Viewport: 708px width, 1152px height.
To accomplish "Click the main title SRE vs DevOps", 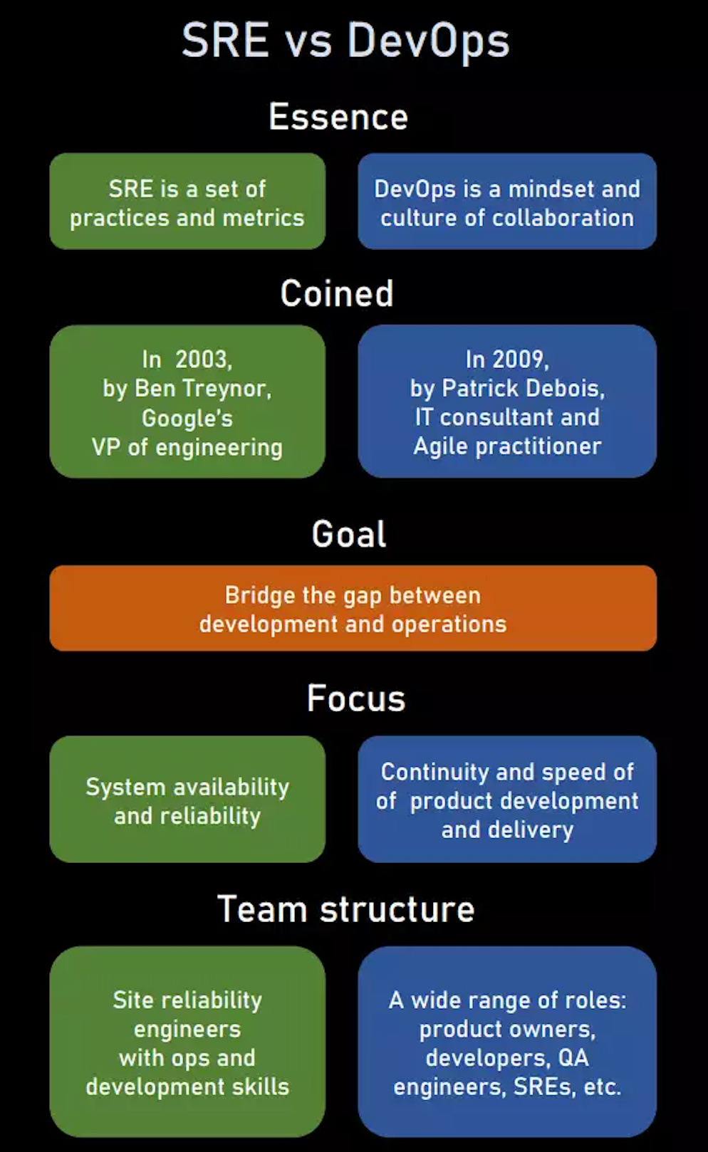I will pos(345,41).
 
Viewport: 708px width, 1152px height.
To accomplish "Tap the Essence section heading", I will pos(338,117).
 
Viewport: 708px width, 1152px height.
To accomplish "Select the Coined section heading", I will pos(337,293).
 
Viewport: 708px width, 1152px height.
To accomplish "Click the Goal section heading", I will pos(349,534).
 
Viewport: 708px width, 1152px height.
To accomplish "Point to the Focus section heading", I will pos(356,698).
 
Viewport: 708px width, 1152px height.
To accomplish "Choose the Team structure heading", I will pos(345,909).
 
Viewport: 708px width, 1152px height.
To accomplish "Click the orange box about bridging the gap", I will pos(353,608).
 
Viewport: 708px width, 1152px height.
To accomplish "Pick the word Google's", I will pos(187,418).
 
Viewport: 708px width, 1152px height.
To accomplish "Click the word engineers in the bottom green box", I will pos(177,1030).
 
